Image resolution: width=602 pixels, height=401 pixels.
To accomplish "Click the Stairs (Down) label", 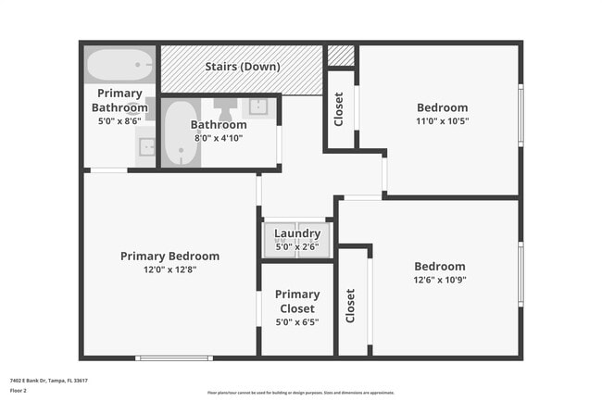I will (243, 67).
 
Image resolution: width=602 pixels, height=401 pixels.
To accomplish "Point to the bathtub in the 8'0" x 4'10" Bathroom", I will (180, 134).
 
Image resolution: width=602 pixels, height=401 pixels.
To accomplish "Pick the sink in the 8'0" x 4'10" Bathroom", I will (258, 107).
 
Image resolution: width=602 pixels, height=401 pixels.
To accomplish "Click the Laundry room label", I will (297, 233).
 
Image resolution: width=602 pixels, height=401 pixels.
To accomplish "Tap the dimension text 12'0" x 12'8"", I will (169, 269).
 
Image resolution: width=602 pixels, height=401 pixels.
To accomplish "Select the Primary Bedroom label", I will (169, 257).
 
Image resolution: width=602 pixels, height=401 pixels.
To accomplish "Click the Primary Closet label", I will (297, 302).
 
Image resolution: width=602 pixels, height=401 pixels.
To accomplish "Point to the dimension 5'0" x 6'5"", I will (297, 322).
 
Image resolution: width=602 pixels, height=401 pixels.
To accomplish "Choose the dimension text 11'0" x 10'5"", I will (442, 120).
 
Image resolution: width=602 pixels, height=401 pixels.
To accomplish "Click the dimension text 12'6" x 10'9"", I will (440, 280).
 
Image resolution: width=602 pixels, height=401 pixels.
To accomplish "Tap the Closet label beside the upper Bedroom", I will (339, 109).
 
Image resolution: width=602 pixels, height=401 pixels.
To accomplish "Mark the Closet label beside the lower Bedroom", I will (351, 306).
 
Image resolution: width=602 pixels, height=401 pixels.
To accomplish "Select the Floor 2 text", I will (19, 391).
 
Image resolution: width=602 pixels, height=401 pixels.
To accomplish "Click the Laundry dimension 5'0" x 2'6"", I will (297, 246).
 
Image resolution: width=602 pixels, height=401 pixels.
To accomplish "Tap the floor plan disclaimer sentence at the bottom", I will (300, 392).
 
